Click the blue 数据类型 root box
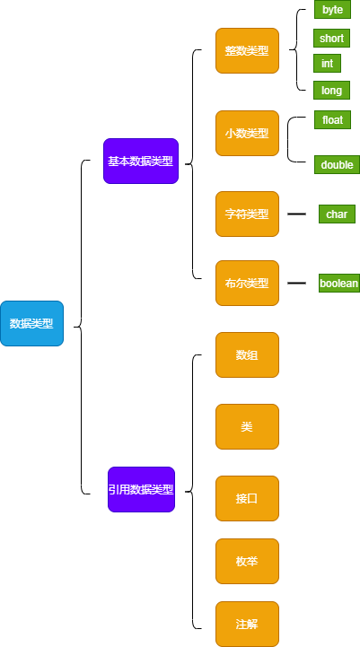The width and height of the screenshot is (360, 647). pos(31,323)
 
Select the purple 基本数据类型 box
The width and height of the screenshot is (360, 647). pos(141,161)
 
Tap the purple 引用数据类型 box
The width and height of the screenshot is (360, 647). pos(141,489)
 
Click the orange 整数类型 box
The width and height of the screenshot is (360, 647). pos(247,51)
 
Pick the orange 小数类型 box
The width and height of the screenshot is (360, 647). pos(247,134)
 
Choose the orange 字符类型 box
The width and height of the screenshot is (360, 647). pos(247,214)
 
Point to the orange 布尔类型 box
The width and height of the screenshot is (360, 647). pos(247,283)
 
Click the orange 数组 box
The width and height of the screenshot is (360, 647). pos(247,354)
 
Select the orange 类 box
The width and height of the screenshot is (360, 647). pos(247,426)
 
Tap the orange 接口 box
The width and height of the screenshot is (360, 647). pos(247,498)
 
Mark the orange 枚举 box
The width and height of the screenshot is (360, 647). pos(247,561)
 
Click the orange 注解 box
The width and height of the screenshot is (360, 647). pos(247,624)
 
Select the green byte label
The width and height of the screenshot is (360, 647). pos(332,10)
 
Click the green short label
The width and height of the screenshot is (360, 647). pos(331,39)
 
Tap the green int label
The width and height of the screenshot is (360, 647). pos(327,63)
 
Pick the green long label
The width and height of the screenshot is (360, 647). pos(331,90)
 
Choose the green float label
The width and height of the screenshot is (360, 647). pos(332,119)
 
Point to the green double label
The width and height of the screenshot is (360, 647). pos(337,164)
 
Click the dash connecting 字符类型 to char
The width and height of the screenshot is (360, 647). pos(296,214)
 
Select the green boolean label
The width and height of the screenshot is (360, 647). pos(339,283)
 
